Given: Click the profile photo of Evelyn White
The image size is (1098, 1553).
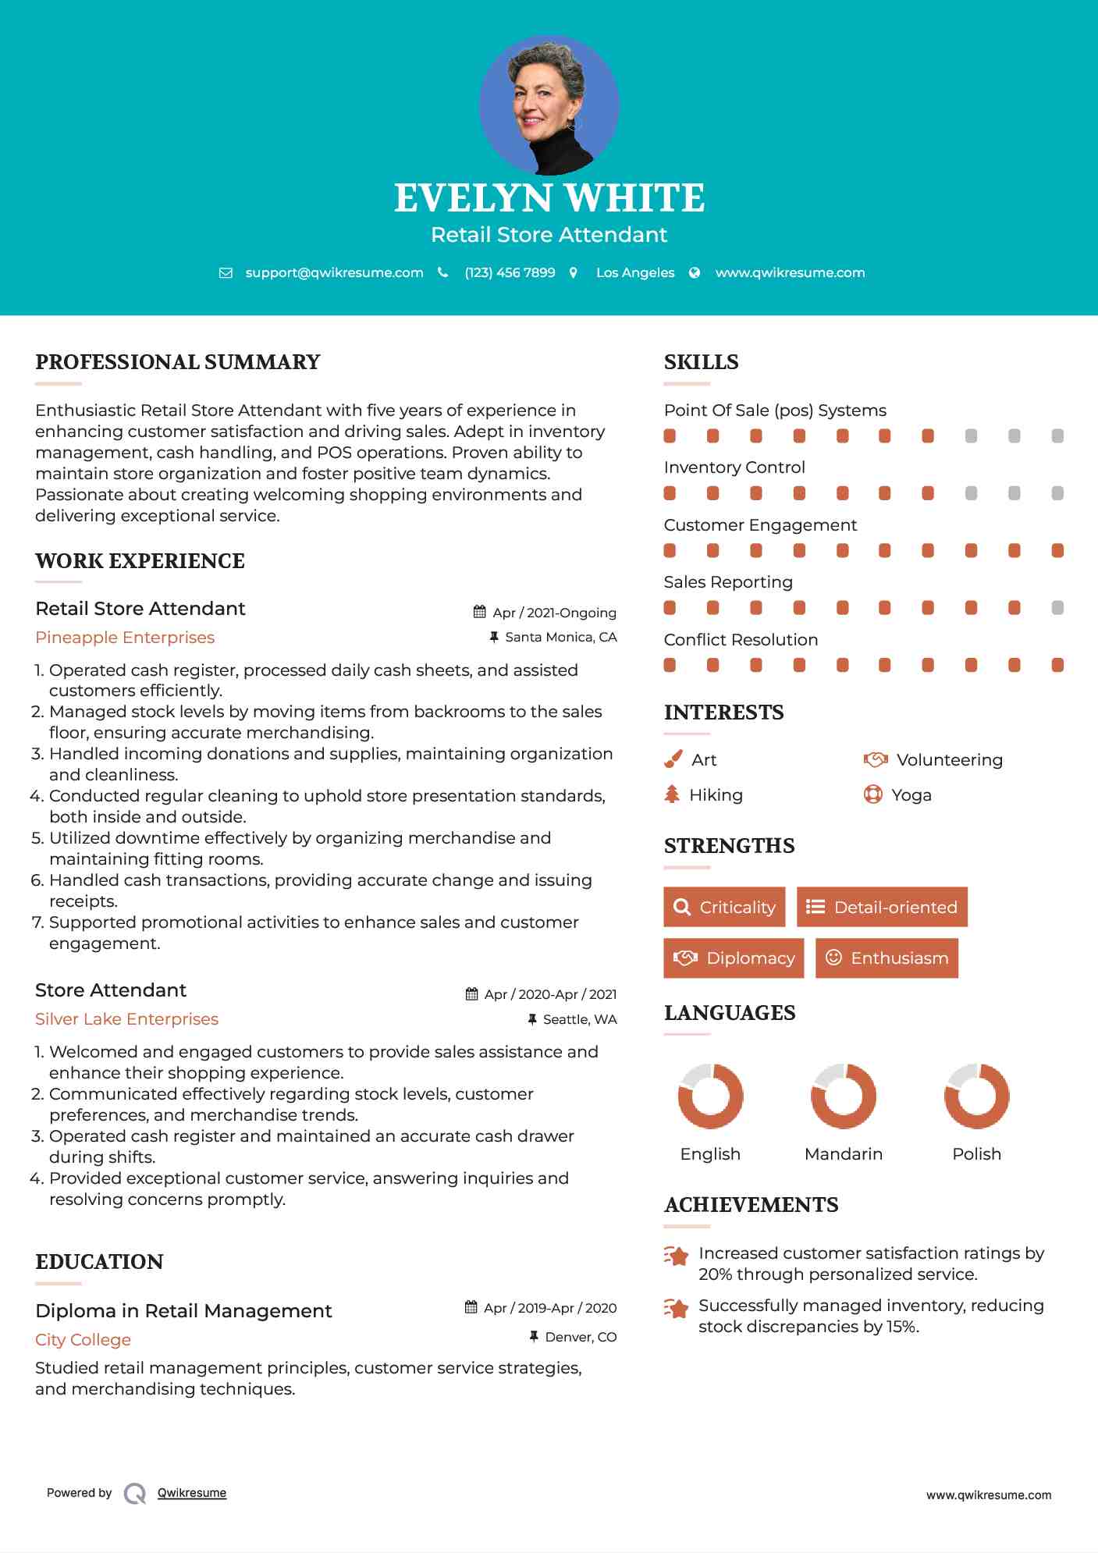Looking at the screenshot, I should pos(549,105).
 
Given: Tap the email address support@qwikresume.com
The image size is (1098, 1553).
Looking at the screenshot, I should pos(334,272).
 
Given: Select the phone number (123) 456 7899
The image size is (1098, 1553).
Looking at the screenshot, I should pos(510,272).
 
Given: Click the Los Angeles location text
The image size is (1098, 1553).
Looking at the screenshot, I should pos(634,272).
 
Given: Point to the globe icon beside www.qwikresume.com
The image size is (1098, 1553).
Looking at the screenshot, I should pos(695,272).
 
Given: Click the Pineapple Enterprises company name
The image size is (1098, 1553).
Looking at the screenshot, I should pos(125,638).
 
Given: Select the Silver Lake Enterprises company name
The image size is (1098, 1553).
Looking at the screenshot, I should pos(126,1019).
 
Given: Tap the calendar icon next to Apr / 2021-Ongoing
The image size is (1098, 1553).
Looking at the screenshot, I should pos(480,613).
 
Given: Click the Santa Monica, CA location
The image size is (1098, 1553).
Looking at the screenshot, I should pos(560,637).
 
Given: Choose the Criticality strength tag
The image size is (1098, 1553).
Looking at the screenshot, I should pos(724,907).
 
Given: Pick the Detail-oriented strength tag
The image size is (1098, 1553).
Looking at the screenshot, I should pos(882,907).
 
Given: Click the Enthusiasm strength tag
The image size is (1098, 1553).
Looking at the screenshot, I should pos(887,958).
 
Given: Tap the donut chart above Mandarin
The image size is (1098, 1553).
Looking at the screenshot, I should pos(843,1096).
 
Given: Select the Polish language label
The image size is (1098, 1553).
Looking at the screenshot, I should pos(976,1153).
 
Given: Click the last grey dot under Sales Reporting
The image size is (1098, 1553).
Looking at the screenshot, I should pos(1057,608).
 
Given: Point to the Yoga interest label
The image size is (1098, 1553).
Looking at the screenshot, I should pos(911,795).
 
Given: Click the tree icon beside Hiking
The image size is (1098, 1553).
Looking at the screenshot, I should pos(672,794).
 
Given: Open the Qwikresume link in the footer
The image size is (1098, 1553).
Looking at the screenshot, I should pos(192,1493).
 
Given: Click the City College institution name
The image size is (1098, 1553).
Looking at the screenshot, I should pos(83,1340).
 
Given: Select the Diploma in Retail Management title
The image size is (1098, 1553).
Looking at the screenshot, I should pos(183,1311).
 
